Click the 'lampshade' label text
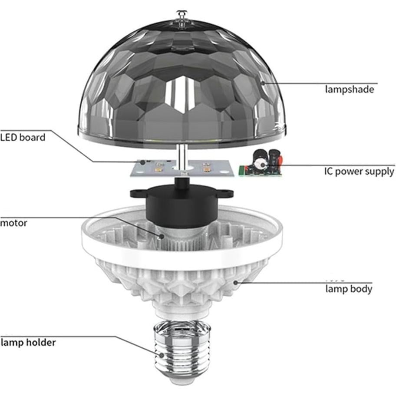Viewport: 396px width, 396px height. (x=350, y=89)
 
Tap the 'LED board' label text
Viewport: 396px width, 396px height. (x=23, y=138)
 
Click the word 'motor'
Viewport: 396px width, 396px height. (x=13, y=223)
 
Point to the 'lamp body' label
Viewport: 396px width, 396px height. (x=349, y=289)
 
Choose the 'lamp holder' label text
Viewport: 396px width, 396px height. (x=28, y=342)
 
